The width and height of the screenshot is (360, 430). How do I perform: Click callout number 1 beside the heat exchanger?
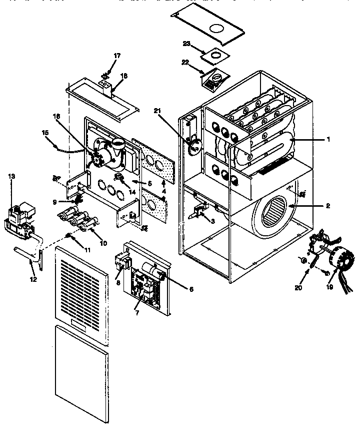(328, 140)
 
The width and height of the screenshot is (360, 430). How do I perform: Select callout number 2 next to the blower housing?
(328, 206)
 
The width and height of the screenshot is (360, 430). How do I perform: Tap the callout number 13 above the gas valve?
(11, 176)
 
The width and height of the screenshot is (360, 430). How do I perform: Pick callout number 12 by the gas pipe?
(33, 279)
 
